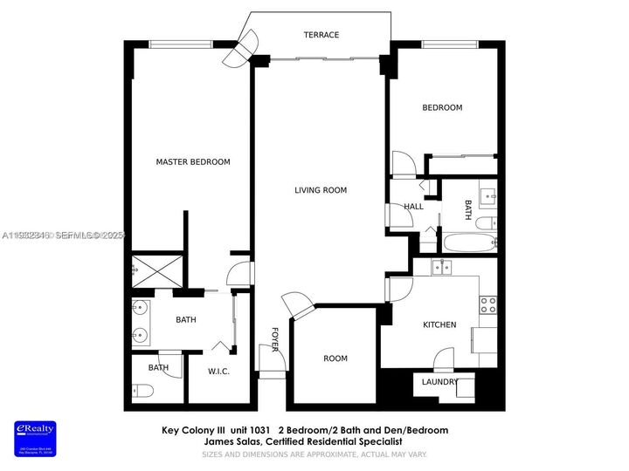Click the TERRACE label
pyautogui.click(x=321, y=35)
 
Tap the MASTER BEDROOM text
pyautogui.click(x=193, y=162)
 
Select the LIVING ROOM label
pyautogui.click(x=320, y=190)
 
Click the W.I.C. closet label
pyautogui.click(x=218, y=372)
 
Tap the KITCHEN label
pyautogui.click(x=439, y=324)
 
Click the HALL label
pyautogui.click(x=413, y=207)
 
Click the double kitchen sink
pyautogui.click(x=445, y=266)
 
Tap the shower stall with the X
pyautogui.click(x=158, y=271)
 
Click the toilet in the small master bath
pyautogui.click(x=139, y=390)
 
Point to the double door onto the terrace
pyautogui.click(x=239, y=49)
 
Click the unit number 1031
pyautogui.click(x=259, y=430)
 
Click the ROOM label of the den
pyautogui.click(x=335, y=358)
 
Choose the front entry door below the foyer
pyautogui.click(x=273, y=375)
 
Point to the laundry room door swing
pyautogui.click(x=444, y=357)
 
